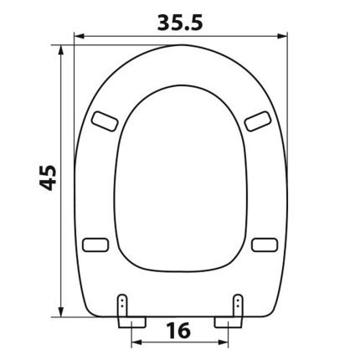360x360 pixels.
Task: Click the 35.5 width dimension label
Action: coord(180,23)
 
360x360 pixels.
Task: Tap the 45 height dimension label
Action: coord(48,177)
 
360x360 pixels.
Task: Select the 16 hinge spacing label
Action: coord(178,330)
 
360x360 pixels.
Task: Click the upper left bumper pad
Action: coord(105,121)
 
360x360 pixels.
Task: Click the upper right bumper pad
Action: coord(258,121)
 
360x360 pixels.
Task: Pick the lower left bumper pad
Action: coord(95,244)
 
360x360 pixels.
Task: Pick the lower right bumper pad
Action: coord(265,244)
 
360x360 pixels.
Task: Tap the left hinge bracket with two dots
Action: coord(122,305)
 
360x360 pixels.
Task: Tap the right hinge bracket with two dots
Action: coord(238,305)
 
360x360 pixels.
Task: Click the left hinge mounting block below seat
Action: coord(131,321)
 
